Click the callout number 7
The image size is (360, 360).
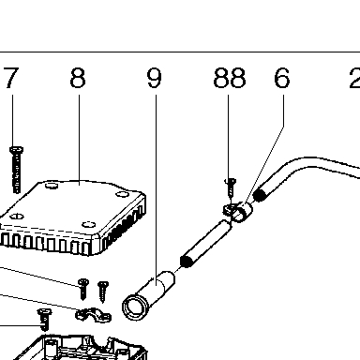[11, 78]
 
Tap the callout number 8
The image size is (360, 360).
[78, 78]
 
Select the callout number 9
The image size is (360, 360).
[154, 78]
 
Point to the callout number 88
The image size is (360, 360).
[230, 78]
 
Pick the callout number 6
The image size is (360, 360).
[282, 78]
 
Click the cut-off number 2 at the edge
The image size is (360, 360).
[354, 78]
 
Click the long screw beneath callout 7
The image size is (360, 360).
[16, 170]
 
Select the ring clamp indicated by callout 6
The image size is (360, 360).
[242, 212]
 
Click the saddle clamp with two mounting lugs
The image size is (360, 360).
[93, 314]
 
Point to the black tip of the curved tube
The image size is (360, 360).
[259, 195]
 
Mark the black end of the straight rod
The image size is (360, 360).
[187, 262]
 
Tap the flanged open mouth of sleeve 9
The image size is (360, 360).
[134, 307]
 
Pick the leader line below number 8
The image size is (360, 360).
[79, 140]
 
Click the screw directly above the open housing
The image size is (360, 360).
[44, 320]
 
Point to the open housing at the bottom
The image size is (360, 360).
[82, 348]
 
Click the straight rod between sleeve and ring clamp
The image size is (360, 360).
[206, 244]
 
